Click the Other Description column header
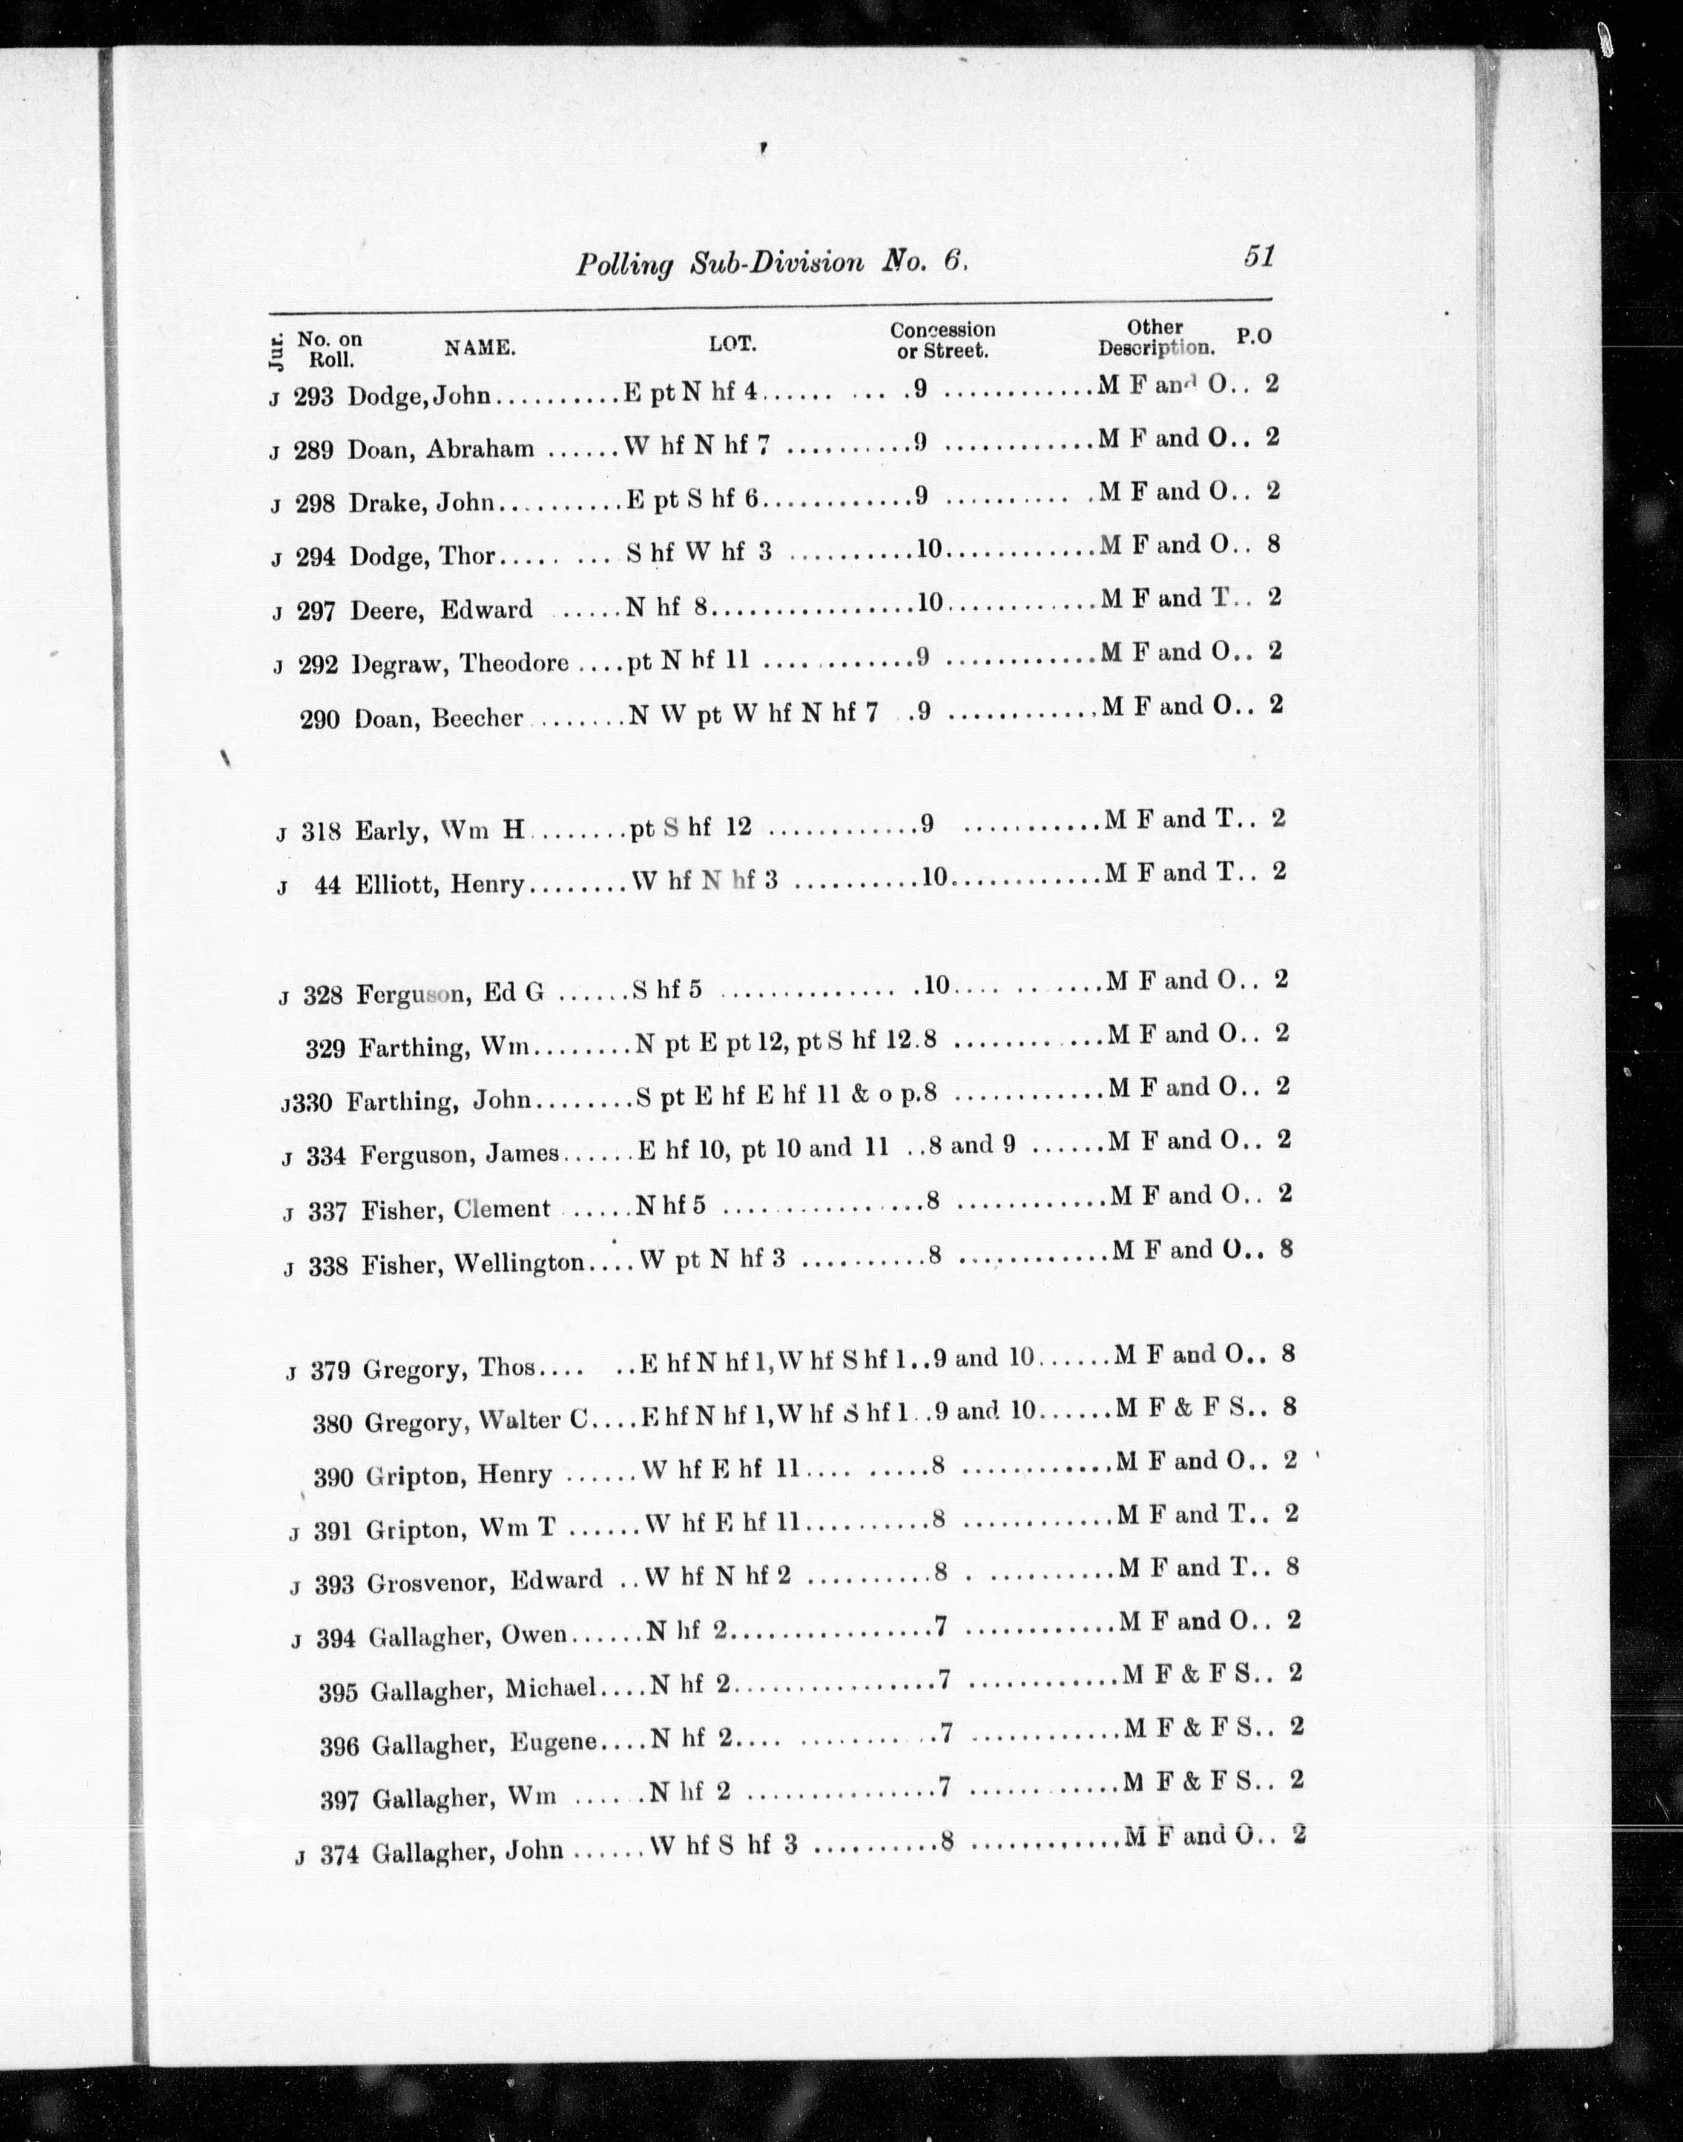pyautogui.click(x=1155, y=337)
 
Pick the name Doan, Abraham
pyautogui.click(x=441, y=448)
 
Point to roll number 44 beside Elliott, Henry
pyautogui.click(x=327, y=885)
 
